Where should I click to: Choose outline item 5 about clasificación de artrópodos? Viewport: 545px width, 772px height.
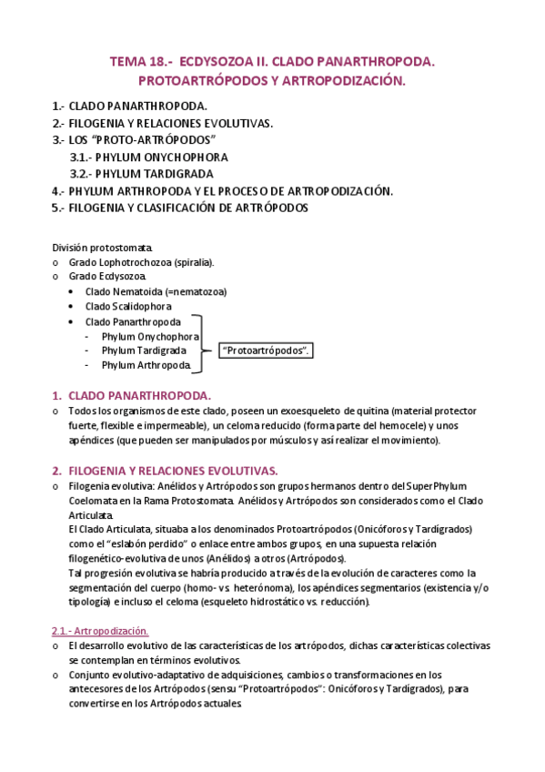pyautogui.click(x=180, y=208)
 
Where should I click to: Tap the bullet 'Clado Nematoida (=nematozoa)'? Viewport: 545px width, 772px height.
pyautogui.click(x=156, y=291)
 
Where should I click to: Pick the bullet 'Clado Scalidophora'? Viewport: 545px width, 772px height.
pyautogui.click(x=128, y=307)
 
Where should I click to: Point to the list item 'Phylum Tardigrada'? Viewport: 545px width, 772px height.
pyautogui.click(x=144, y=350)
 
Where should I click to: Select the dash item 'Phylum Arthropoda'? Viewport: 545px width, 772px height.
pyautogui.click(x=146, y=365)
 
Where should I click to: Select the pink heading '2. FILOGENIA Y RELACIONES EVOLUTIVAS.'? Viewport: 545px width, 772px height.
pyautogui.click(x=164, y=471)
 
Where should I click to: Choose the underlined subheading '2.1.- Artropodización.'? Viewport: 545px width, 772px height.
pyautogui.click(x=99, y=630)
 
